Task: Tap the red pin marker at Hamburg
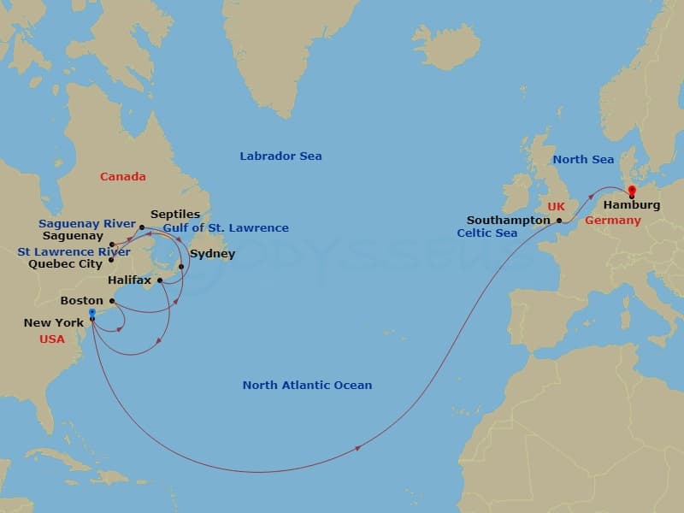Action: (632, 191)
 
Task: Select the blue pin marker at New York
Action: (92, 314)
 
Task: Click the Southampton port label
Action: (509, 220)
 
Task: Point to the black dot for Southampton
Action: (559, 221)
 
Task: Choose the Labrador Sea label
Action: (280, 156)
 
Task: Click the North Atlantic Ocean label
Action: (307, 386)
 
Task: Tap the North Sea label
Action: (583, 160)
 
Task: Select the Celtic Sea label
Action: (487, 233)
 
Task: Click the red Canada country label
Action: (122, 177)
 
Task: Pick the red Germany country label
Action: (612, 221)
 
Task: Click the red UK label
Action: (557, 206)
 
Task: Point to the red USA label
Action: (52, 339)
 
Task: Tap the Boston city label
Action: (81, 301)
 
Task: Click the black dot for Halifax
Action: (160, 280)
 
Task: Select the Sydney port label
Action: (212, 254)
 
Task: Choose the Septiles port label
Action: (175, 215)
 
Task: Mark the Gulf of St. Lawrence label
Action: (226, 228)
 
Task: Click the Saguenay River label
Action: (86, 224)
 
